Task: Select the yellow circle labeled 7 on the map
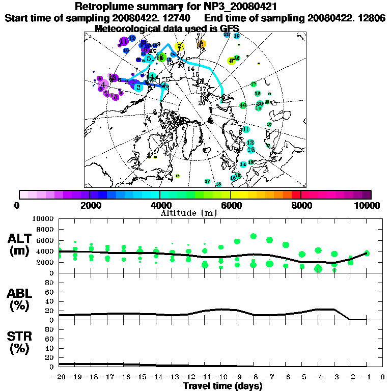tap(180, 47)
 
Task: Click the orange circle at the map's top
tap(202, 44)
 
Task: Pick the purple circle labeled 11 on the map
tap(124, 41)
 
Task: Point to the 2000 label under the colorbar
tap(89, 205)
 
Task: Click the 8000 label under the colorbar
tap(301, 205)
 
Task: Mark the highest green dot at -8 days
tap(253, 236)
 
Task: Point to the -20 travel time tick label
tap(59, 377)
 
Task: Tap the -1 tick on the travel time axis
tap(366, 377)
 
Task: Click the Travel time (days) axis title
tap(222, 386)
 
